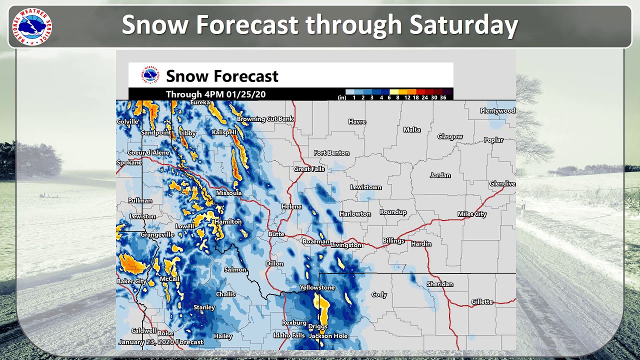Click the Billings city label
tap(393, 241)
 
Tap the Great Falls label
tap(309, 169)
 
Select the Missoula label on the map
tap(228, 193)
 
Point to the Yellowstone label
tap(317, 288)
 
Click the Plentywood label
tap(497, 111)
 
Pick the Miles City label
tap(472, 214)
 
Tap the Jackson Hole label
tap(328, 336)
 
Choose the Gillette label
tap(482, 302)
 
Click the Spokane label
tap(129, 163)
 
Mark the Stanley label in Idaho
tap(204, 307)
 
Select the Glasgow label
tap(450, 136)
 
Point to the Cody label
tap(379, 295)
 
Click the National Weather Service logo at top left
tap(31, 27)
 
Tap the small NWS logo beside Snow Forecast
tap(150, 75)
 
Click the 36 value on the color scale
tap(443, 97)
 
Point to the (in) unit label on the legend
tap(342, 97)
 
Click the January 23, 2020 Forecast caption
tap(160, 342)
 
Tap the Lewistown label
tap(365, 187)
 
